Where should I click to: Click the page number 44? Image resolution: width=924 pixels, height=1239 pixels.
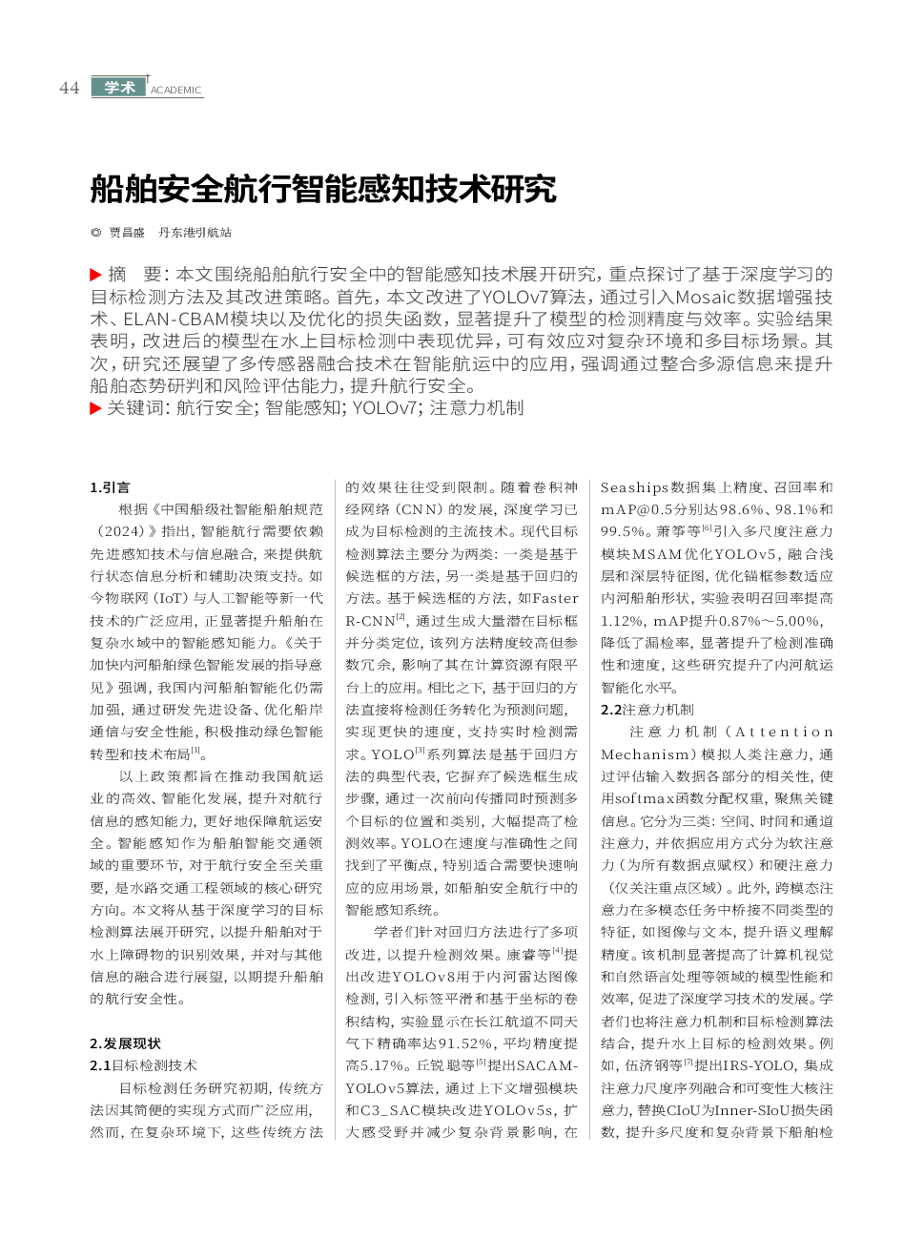(69, 88)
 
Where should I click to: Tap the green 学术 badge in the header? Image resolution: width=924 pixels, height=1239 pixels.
(119, 87)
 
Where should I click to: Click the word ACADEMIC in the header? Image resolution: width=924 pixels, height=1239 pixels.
(176, 91)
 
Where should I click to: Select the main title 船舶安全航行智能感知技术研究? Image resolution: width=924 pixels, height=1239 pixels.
(323, 189)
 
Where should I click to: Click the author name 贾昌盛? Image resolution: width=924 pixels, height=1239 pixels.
(127, 233)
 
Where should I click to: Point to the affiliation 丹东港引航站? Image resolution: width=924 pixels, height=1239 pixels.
(195, 233)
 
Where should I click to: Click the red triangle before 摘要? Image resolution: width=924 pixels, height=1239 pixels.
(95, 275)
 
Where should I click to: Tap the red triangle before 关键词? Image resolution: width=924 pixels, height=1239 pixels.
(95, 408)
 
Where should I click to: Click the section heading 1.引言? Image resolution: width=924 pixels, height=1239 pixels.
(110, 487)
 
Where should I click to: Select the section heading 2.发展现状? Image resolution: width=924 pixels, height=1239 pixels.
(125, 1043)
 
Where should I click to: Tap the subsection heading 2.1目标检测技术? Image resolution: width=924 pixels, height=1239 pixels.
(143, 1065)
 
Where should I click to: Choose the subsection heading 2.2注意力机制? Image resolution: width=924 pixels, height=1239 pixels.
(647, 710)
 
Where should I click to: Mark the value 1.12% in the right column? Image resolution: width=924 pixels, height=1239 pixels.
(621, 621)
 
